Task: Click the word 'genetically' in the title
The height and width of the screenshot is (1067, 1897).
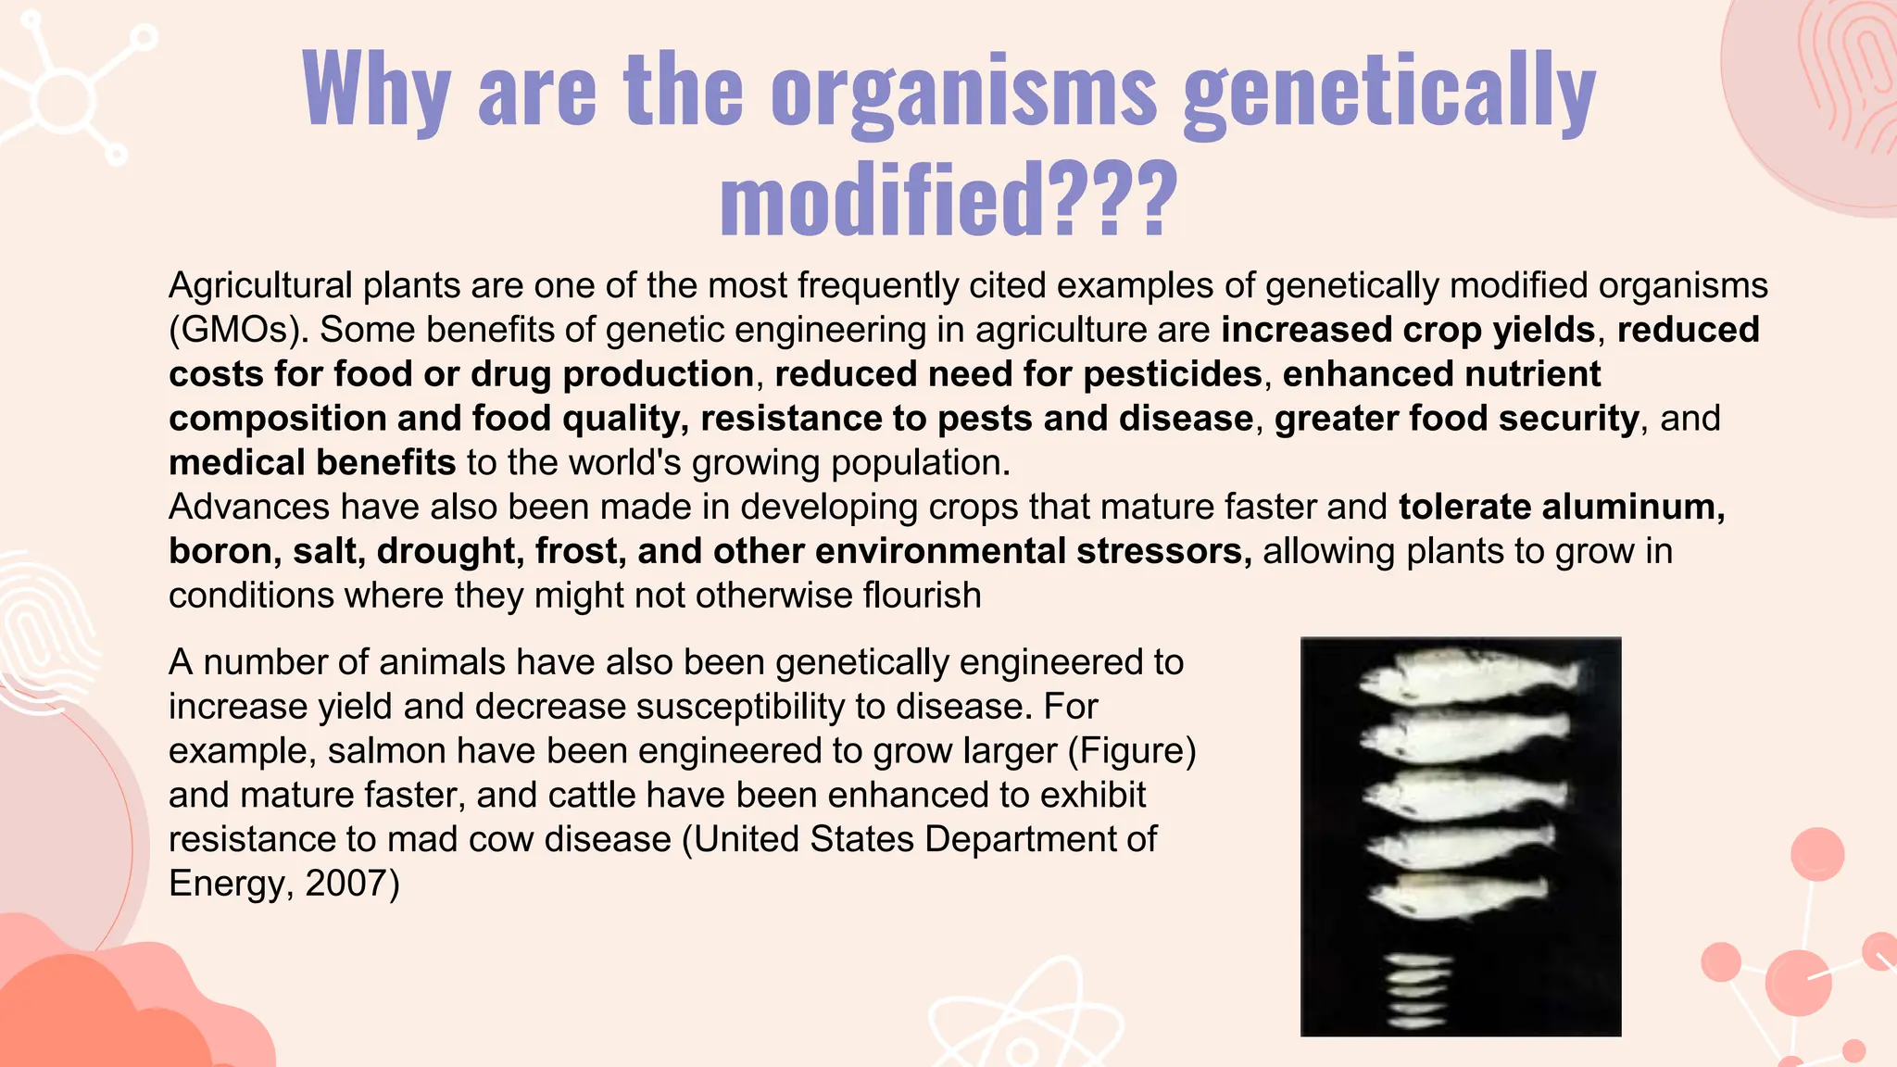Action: (x=1389, y=91)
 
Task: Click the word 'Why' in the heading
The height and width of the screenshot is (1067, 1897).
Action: (x=376, y=89)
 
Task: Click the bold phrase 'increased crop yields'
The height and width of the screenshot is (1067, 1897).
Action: (x=1408, y=330)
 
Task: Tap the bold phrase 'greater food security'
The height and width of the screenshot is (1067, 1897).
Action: (x=1456, y=419)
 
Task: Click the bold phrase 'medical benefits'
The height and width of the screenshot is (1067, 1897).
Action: (x=312, y=462)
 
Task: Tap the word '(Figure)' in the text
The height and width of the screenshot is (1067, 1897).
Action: (x=1132, y=750)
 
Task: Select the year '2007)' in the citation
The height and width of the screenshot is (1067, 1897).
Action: (x=352, y=883)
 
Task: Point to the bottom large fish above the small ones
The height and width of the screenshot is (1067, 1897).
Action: (x=1456, y=895)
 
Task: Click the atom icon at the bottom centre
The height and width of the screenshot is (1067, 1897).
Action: (x=1024, y=1023)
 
